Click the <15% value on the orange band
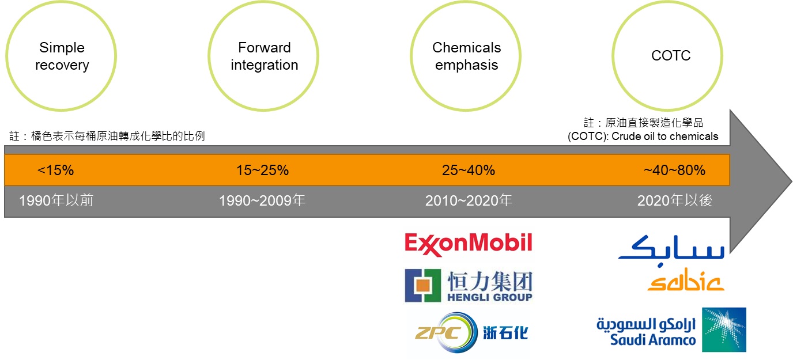(x=55, y=170)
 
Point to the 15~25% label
(x=262, y=170)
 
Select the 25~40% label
(x=469, y=170)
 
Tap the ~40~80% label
(x=674, y=170)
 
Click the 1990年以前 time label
(x=56, y=200)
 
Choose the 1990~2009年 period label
(x=262, y=200)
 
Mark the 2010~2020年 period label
(x=469, y=200)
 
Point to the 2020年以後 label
(x=675, y=200)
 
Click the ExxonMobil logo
(x=469, y=244)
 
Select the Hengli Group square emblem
(x=422, y=285)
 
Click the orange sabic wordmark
(x=686, y=279)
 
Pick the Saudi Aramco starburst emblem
(x=724, y=329)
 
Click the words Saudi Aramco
(x=653, y=340)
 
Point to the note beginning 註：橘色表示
(x=107, y=136)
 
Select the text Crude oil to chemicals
(x=665, y=137)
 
